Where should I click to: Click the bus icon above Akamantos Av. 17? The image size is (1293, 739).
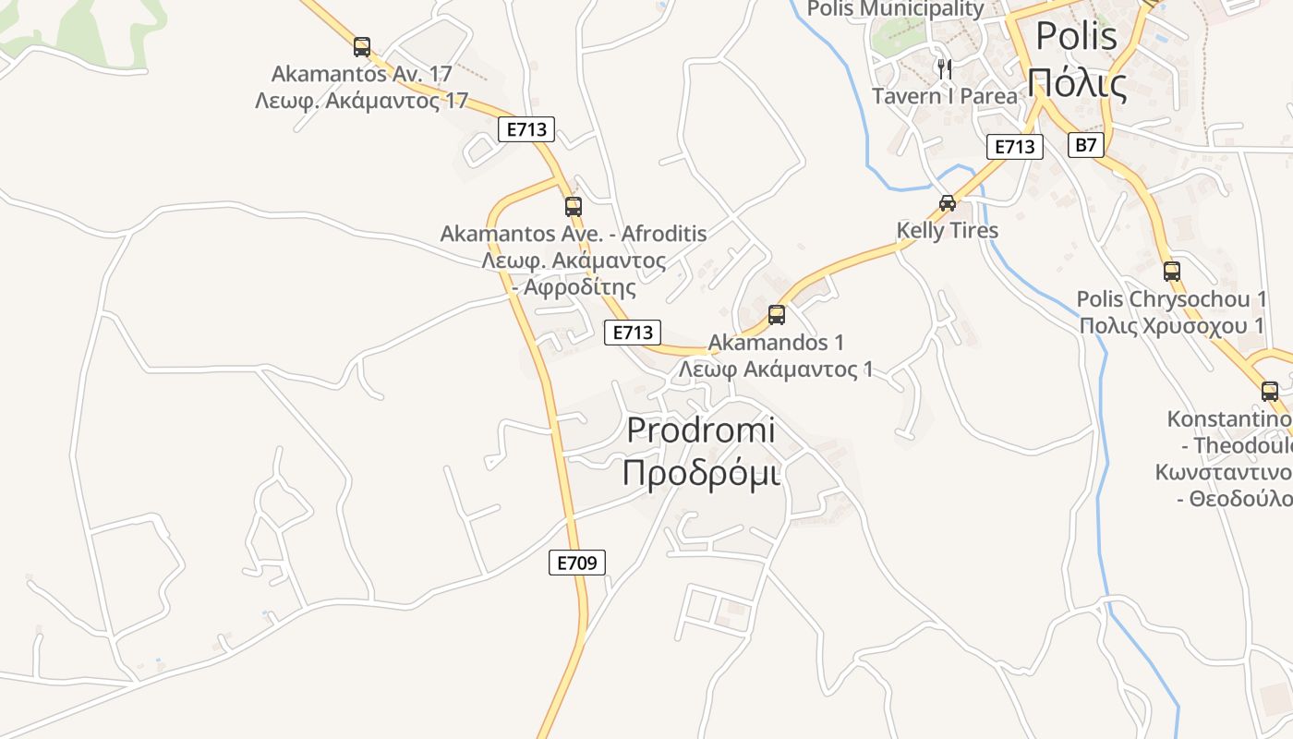(x=362, y=46)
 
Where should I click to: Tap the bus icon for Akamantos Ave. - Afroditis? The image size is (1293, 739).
(x=574, y=206)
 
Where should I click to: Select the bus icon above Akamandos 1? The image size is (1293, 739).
(x=777, y=315)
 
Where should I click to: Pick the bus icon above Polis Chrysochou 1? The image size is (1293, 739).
(x=1172, y=272)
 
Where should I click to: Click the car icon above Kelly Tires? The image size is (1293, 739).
(x=948, y=203)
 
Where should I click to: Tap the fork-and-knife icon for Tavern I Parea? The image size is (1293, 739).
(x=944, y=68)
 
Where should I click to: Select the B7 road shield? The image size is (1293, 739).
(x=1086, y=145)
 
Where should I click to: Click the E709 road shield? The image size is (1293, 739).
(x=577, y=562)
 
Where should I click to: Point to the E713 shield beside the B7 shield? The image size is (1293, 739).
(x=1015, y=147)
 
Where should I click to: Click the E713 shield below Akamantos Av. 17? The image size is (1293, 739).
(x=526, y=129)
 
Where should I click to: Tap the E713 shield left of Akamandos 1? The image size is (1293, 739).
(x=633, y=333)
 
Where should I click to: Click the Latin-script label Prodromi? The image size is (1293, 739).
(x=701, y=430)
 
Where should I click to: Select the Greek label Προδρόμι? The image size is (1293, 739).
(x=701, y=472)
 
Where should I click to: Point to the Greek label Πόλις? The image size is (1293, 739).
(x=1077, y=84)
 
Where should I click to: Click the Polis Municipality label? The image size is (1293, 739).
(x=896, y=9)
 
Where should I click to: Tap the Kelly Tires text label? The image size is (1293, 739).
(x=948, y=230)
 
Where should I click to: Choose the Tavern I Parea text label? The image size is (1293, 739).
(x=945, y=96)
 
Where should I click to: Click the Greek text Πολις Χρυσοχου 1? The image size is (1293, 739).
(x=1171, y=326)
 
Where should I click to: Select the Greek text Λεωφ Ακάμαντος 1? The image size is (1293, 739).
(x=776, y=369)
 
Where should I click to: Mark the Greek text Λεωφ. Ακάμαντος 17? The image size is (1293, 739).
(x=362, y=100)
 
